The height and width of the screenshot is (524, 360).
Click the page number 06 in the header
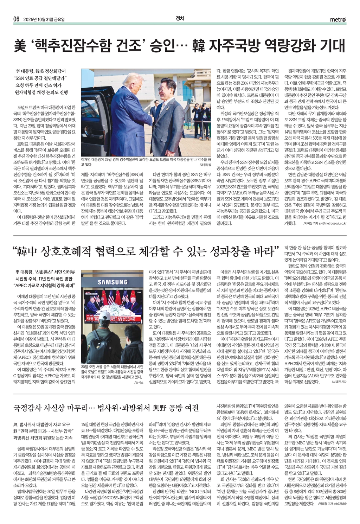(16, 19)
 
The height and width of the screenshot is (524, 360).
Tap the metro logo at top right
(338, 20)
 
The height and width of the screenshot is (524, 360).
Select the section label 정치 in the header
(180, 19)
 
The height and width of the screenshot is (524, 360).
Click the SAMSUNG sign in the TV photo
(112, 282)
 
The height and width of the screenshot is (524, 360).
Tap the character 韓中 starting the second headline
(28, 252)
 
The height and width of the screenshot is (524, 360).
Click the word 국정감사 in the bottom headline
(30, 408)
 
